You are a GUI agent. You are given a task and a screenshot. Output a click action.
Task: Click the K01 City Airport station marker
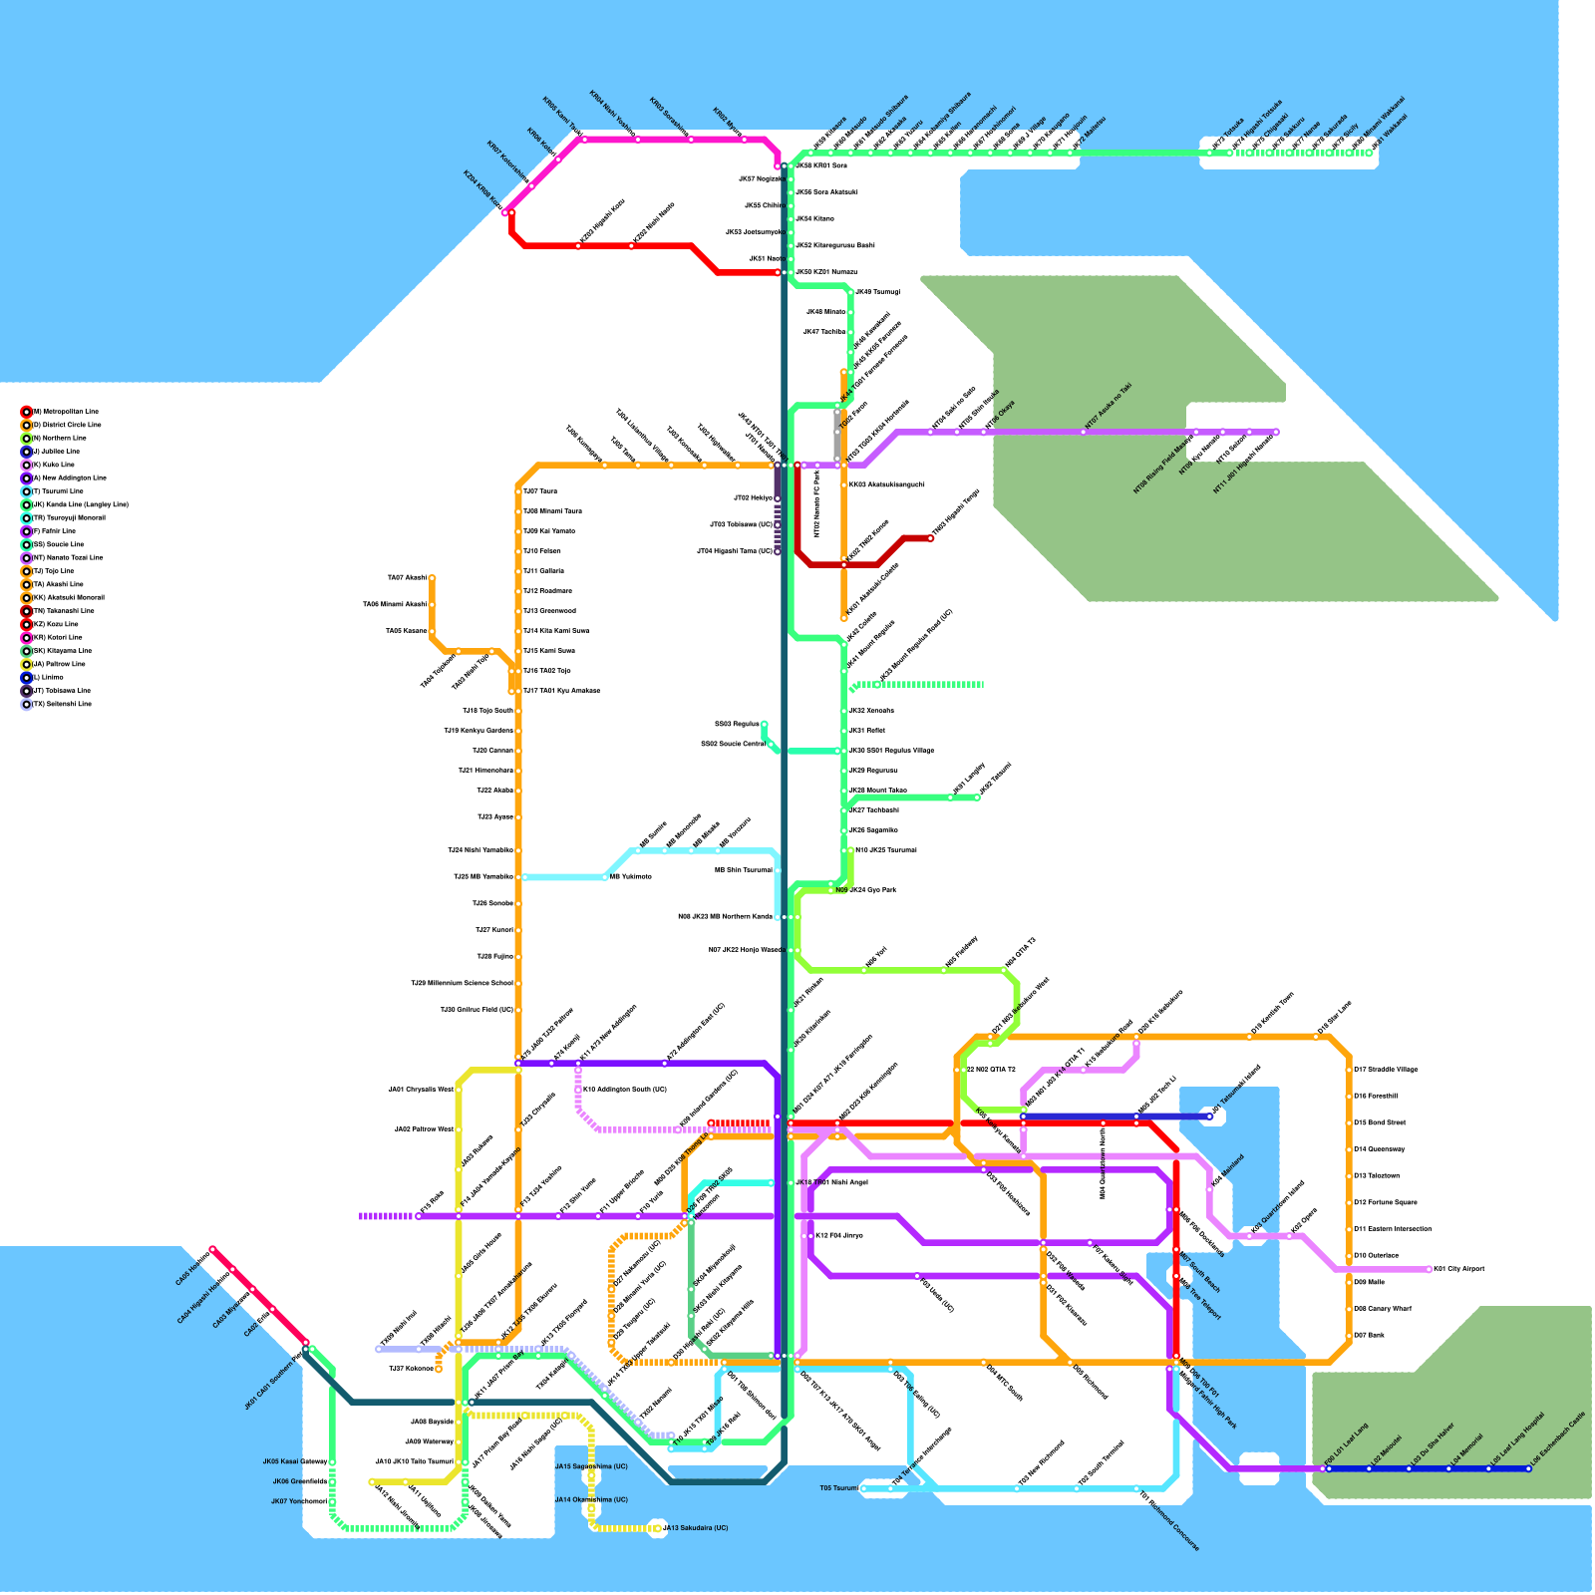click(1429, 1269)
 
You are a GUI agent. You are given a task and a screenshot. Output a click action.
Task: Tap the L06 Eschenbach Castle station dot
click(1528, 1468)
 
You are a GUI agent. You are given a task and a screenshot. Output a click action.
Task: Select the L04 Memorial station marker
click(1448, 1468)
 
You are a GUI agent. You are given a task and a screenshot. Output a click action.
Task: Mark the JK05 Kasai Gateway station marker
click(332, 1462)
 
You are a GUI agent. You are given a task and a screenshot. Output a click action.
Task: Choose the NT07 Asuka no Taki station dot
click(1084, 432)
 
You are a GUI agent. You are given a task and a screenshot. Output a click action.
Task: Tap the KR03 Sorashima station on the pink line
click(691, 139)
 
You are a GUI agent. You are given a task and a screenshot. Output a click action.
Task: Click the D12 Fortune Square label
click(1377, 1202)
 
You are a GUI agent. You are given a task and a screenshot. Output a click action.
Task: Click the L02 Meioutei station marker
click(1369, 1468)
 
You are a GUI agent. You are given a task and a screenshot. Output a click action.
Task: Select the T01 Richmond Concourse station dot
click(1136, 1489)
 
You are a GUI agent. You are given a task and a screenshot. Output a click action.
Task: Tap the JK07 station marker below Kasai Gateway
click(332, 1502)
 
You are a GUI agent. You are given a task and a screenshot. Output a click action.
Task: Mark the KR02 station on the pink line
click(744, 139)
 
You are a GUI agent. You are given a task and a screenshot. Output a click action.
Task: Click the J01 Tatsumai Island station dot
click(1209, 1116)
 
